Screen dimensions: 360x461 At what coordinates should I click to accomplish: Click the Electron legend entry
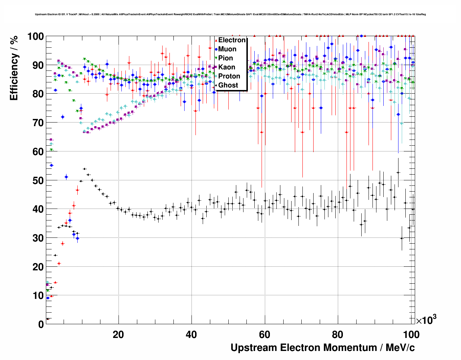pyautogui.click(x=232, y=40)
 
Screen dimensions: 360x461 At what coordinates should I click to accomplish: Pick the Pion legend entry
pyautogui.click(x=225, y=58)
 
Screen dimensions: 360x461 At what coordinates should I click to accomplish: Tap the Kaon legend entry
pyautogui.click(x=227, y=67)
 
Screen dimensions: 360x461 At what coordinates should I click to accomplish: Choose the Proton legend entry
pyautogui.click(x=229, y=76)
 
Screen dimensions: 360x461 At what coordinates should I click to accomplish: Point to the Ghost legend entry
pyautogui.click(x=228, y=85)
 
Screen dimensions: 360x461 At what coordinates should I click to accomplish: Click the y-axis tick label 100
pyautogui.click(x=35, y=37)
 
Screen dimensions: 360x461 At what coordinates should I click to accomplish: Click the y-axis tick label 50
pyautogui.click(x=38, y=180)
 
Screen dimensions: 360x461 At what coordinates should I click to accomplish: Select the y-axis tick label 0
pyautogui.click(x=41, y=324)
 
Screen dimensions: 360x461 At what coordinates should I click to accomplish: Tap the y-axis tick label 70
pyautogui.click(x=38, y=123)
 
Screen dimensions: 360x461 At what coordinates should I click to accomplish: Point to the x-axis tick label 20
pyautogui.click(x=118, y=334)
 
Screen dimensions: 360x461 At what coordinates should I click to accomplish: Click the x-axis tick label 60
pyautogui.click(x=264, y=334)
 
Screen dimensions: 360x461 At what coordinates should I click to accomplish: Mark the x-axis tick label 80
pyautogui.click(x=337, y=334)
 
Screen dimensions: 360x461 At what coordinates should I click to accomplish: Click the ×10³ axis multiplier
pyautogui.click(x=426, y=320)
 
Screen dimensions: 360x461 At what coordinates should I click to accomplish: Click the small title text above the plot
pyautogui.click(x=230, y=14)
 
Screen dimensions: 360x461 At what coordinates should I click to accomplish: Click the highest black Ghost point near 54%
pyautogui.click(x=84, y=169)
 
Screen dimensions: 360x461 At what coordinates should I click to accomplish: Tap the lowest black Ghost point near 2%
pyautogui.click(x=47, y=319)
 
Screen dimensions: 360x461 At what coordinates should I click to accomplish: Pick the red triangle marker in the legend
pyautogui.click(x=216, y=40)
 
